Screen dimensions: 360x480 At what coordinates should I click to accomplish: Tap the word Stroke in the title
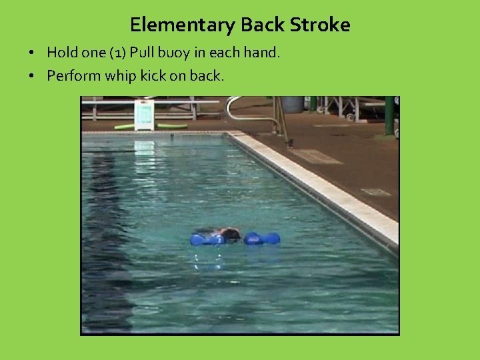320,25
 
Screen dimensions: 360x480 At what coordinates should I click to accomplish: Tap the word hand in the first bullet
261,52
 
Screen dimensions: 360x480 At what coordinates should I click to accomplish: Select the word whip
123,75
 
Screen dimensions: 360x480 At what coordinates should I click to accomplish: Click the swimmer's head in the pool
230,234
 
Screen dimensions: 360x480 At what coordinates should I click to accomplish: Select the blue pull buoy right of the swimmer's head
261,238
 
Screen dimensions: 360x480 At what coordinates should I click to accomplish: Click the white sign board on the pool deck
144,114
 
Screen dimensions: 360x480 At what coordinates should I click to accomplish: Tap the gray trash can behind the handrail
292,104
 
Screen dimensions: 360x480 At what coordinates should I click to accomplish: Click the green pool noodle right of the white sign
172,125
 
